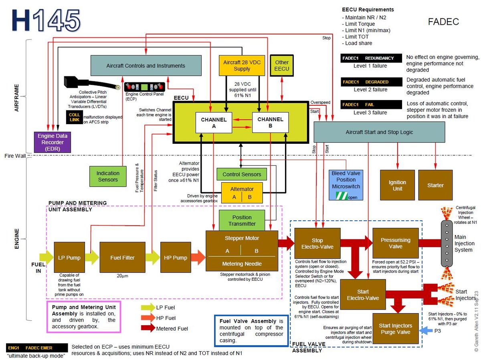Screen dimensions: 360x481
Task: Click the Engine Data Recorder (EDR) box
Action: (53, 142)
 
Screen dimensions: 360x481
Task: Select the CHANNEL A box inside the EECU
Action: (214, 123)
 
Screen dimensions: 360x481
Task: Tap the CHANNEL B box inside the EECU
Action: (270, 123)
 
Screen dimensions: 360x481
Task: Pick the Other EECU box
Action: (282, 65)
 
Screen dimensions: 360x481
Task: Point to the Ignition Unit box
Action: (397, 185)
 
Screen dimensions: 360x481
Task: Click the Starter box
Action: (435, 185)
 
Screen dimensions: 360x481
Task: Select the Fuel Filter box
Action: (122, 257)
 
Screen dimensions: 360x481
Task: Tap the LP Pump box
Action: (69, 257)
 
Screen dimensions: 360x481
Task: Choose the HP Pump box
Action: (175, 257)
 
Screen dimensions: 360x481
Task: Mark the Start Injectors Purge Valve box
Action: (395, 329)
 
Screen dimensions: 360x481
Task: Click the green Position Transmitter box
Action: (242, 220)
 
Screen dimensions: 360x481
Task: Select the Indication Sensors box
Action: (108, 176)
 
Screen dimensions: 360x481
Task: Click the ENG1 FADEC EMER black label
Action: (35, 348)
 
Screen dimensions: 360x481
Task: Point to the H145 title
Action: (45, 20)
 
